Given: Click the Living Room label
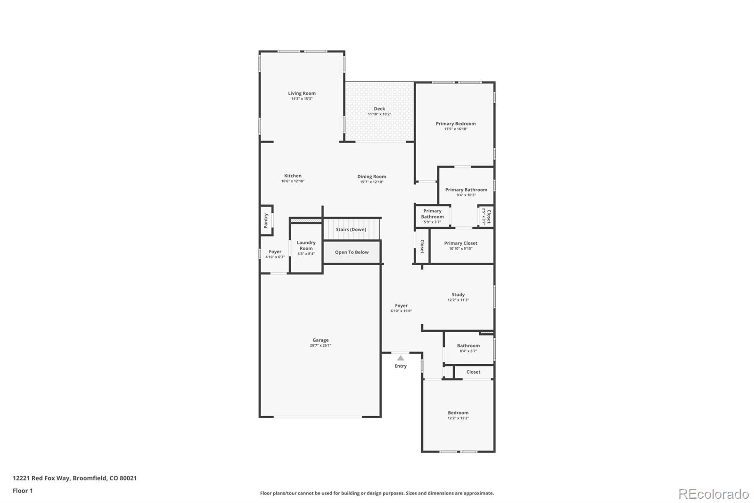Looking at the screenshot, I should [302, 93].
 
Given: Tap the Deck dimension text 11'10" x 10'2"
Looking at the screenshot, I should [379, 114].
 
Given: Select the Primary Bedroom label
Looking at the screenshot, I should [455, 124].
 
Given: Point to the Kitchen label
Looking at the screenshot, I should [293, 176].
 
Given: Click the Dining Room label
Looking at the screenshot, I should [371, 177].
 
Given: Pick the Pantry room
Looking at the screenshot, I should [266, 220].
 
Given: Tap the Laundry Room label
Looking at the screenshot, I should [306, 245].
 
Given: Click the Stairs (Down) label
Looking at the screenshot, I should [351, 230].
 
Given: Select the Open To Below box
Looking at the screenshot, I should [352, 252].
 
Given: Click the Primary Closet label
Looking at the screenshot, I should [460, 243].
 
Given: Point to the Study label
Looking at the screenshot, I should [458, 295].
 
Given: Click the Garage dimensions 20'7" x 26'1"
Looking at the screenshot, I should [320, 345].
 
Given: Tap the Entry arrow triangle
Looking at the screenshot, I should [401, 358].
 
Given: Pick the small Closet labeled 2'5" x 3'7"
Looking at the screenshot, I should [486, 217].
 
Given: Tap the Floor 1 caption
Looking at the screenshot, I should [23, 491].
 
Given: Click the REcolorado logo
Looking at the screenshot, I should [713, 494].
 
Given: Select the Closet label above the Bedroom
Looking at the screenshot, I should [473, 372].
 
